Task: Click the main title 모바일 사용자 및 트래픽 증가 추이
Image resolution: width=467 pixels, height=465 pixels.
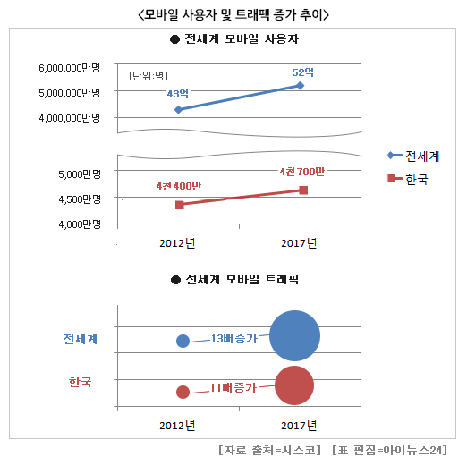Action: pos(234,15)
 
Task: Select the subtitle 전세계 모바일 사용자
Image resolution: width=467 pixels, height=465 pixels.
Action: pos(233,40)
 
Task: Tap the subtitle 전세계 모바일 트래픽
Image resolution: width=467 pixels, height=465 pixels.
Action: pos(233,280)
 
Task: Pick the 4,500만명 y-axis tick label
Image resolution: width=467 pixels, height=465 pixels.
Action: pos(80,199)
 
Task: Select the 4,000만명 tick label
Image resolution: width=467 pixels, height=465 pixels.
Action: pos(80,224)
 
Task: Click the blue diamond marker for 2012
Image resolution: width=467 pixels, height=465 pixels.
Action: pos(179,109)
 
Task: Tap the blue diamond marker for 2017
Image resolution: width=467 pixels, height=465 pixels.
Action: pos(300,85)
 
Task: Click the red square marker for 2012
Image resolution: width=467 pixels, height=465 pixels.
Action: pos(179,205)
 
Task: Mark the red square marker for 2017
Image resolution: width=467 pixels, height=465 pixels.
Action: pos(303,190)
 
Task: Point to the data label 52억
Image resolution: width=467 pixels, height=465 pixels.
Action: pos(302,72)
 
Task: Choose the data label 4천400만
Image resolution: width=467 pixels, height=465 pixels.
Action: pos(178,186)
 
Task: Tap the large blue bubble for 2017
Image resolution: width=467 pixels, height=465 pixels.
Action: pos(294,337)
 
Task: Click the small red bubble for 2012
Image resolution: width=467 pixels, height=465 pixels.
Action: pos(183,391)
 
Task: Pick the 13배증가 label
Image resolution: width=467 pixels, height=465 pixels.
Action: pos(233,338)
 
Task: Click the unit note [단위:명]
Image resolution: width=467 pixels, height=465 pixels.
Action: pos(149,75)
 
